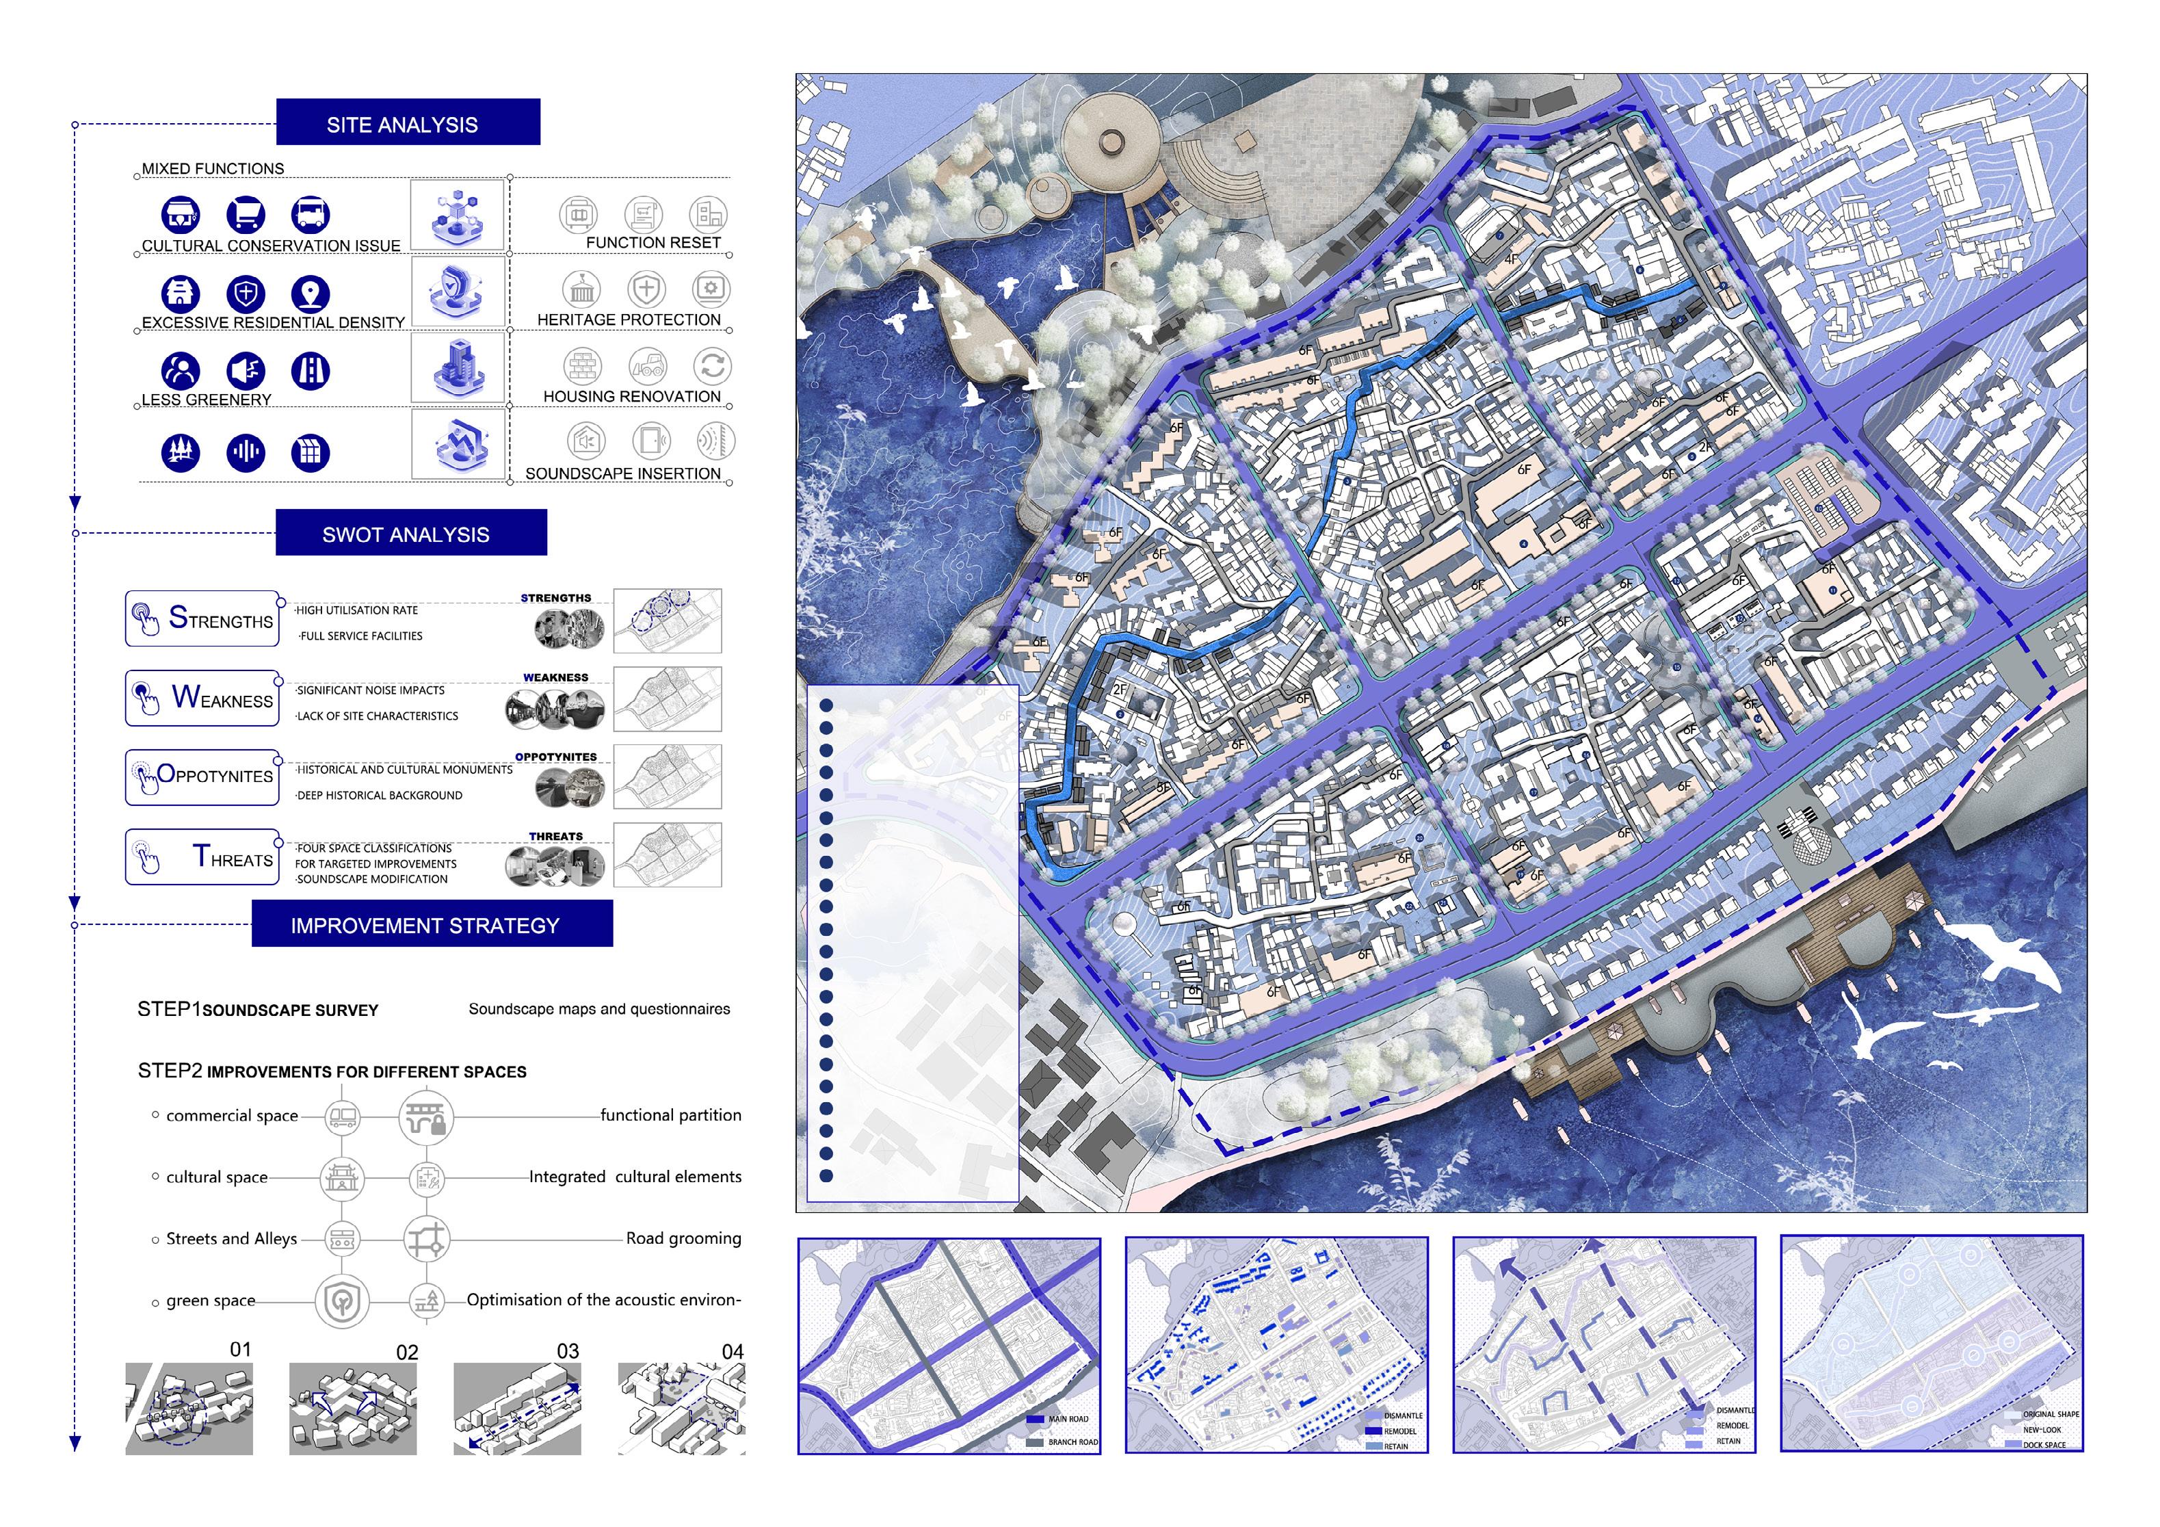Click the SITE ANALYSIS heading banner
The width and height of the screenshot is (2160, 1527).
pyautogui.click(x=408, y=122)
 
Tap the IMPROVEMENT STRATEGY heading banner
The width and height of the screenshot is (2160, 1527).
pyautogui.click(x=432, y=924)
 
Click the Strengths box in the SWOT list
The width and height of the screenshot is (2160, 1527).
pyautogui.click(x=202, y=618)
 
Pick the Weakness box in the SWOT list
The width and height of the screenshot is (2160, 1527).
pyautogui.click(x=202, y=698)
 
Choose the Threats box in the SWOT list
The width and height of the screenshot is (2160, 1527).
pyautogui.click(x=202, y=856)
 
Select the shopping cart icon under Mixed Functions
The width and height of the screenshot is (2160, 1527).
pyautogui.click(x=246, y=215)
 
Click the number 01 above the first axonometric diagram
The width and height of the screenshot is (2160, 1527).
pyautogui.click(x=241, y=1349)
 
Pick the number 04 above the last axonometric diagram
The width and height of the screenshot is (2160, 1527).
pyautogui.click(x=733, y=1352)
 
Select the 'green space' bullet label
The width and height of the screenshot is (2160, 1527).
pyautogui.click(x=211, y=1301)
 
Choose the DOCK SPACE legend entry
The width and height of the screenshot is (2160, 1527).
pyautogui.click(x=2043, y=1444)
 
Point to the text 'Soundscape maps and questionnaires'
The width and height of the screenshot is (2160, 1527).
pyautogui.click(x=599, y=1008)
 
